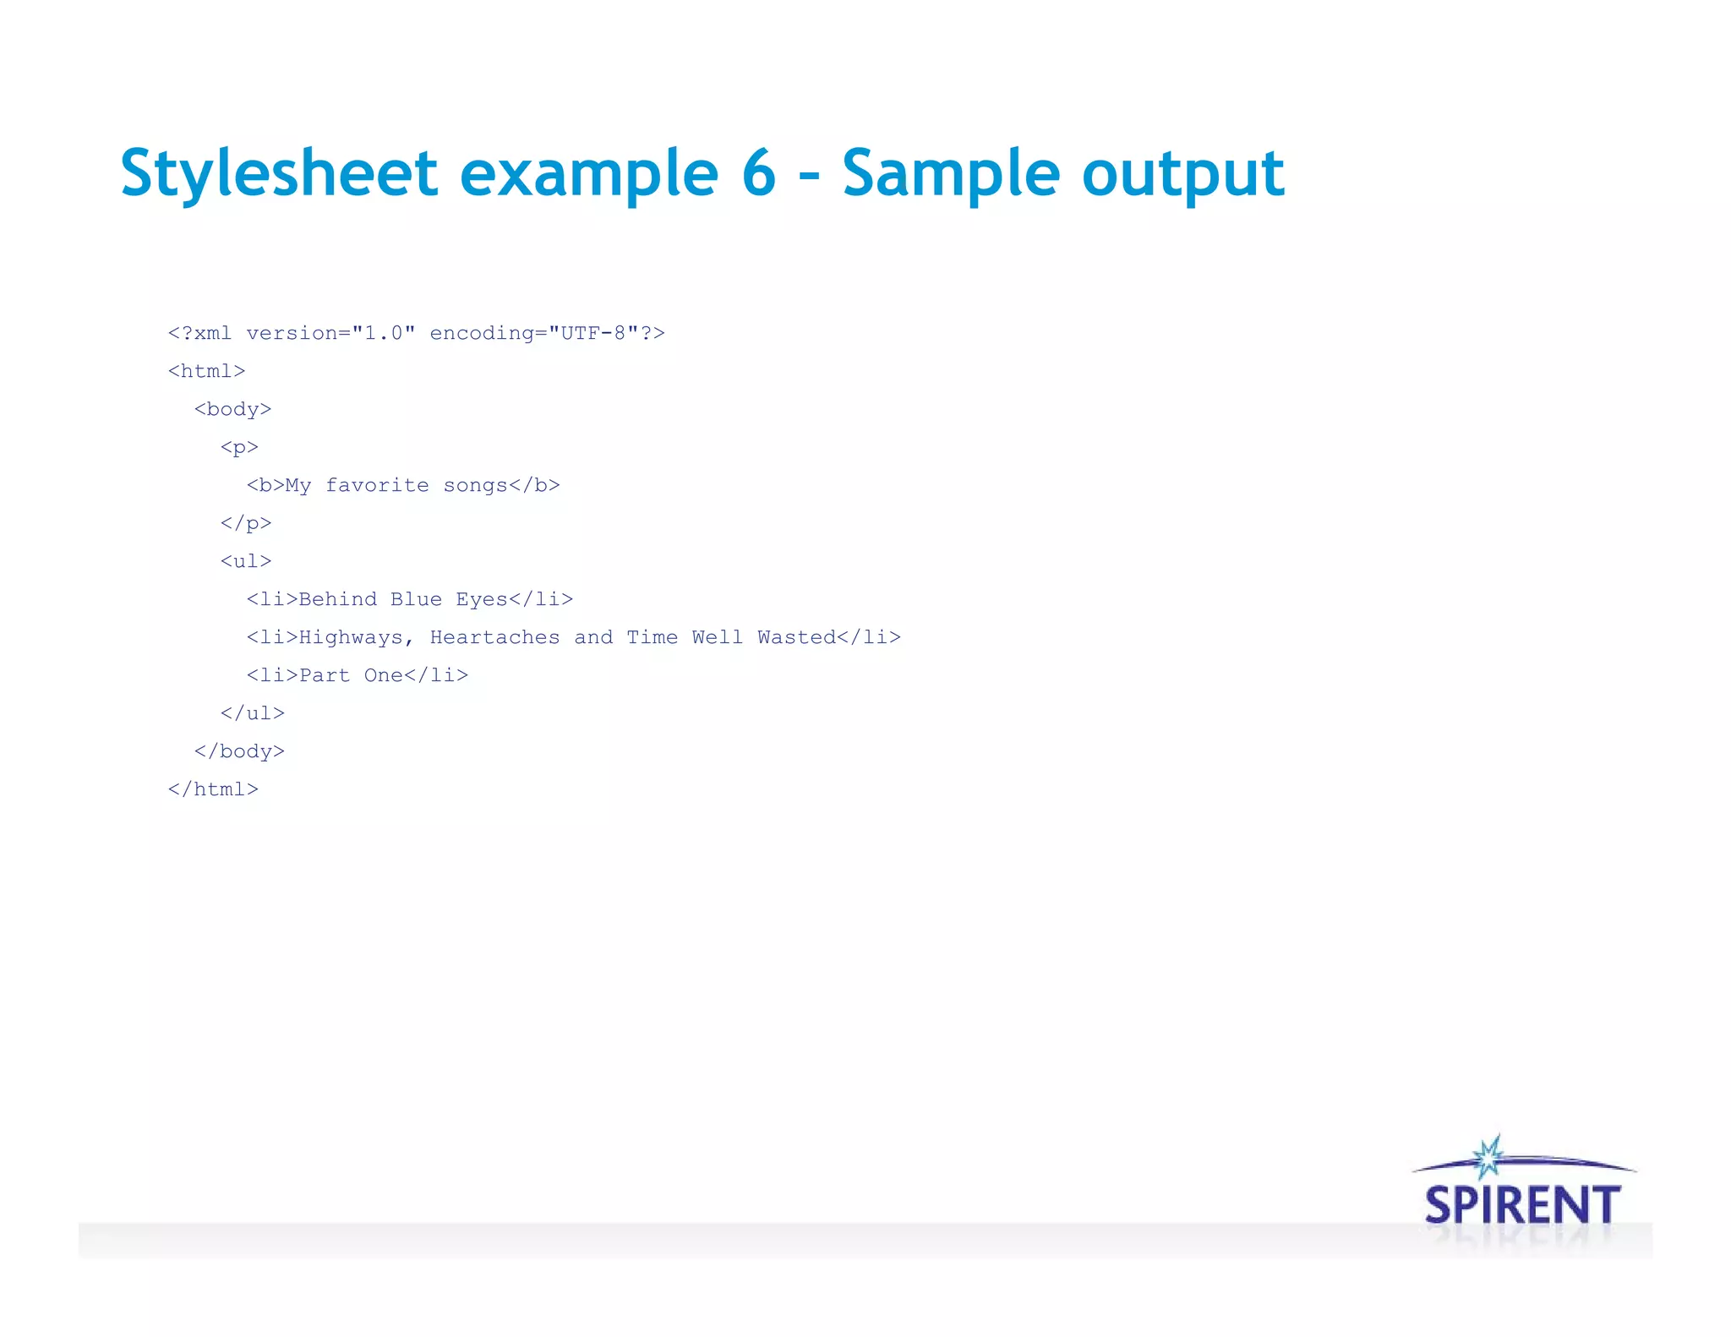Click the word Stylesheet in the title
279,174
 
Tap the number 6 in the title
758,172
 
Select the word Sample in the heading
950,172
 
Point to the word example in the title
589,174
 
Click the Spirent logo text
1522,1205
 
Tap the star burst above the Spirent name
1488,1156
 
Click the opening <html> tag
207,371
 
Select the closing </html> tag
213,789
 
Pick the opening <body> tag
232,409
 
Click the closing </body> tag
239,751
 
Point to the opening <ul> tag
246,561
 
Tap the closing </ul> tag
253,713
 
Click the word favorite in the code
377,486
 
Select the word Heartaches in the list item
494,637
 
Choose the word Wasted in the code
796,637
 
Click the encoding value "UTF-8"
593,333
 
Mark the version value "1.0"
384,333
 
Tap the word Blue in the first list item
416,599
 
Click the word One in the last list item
383,675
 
